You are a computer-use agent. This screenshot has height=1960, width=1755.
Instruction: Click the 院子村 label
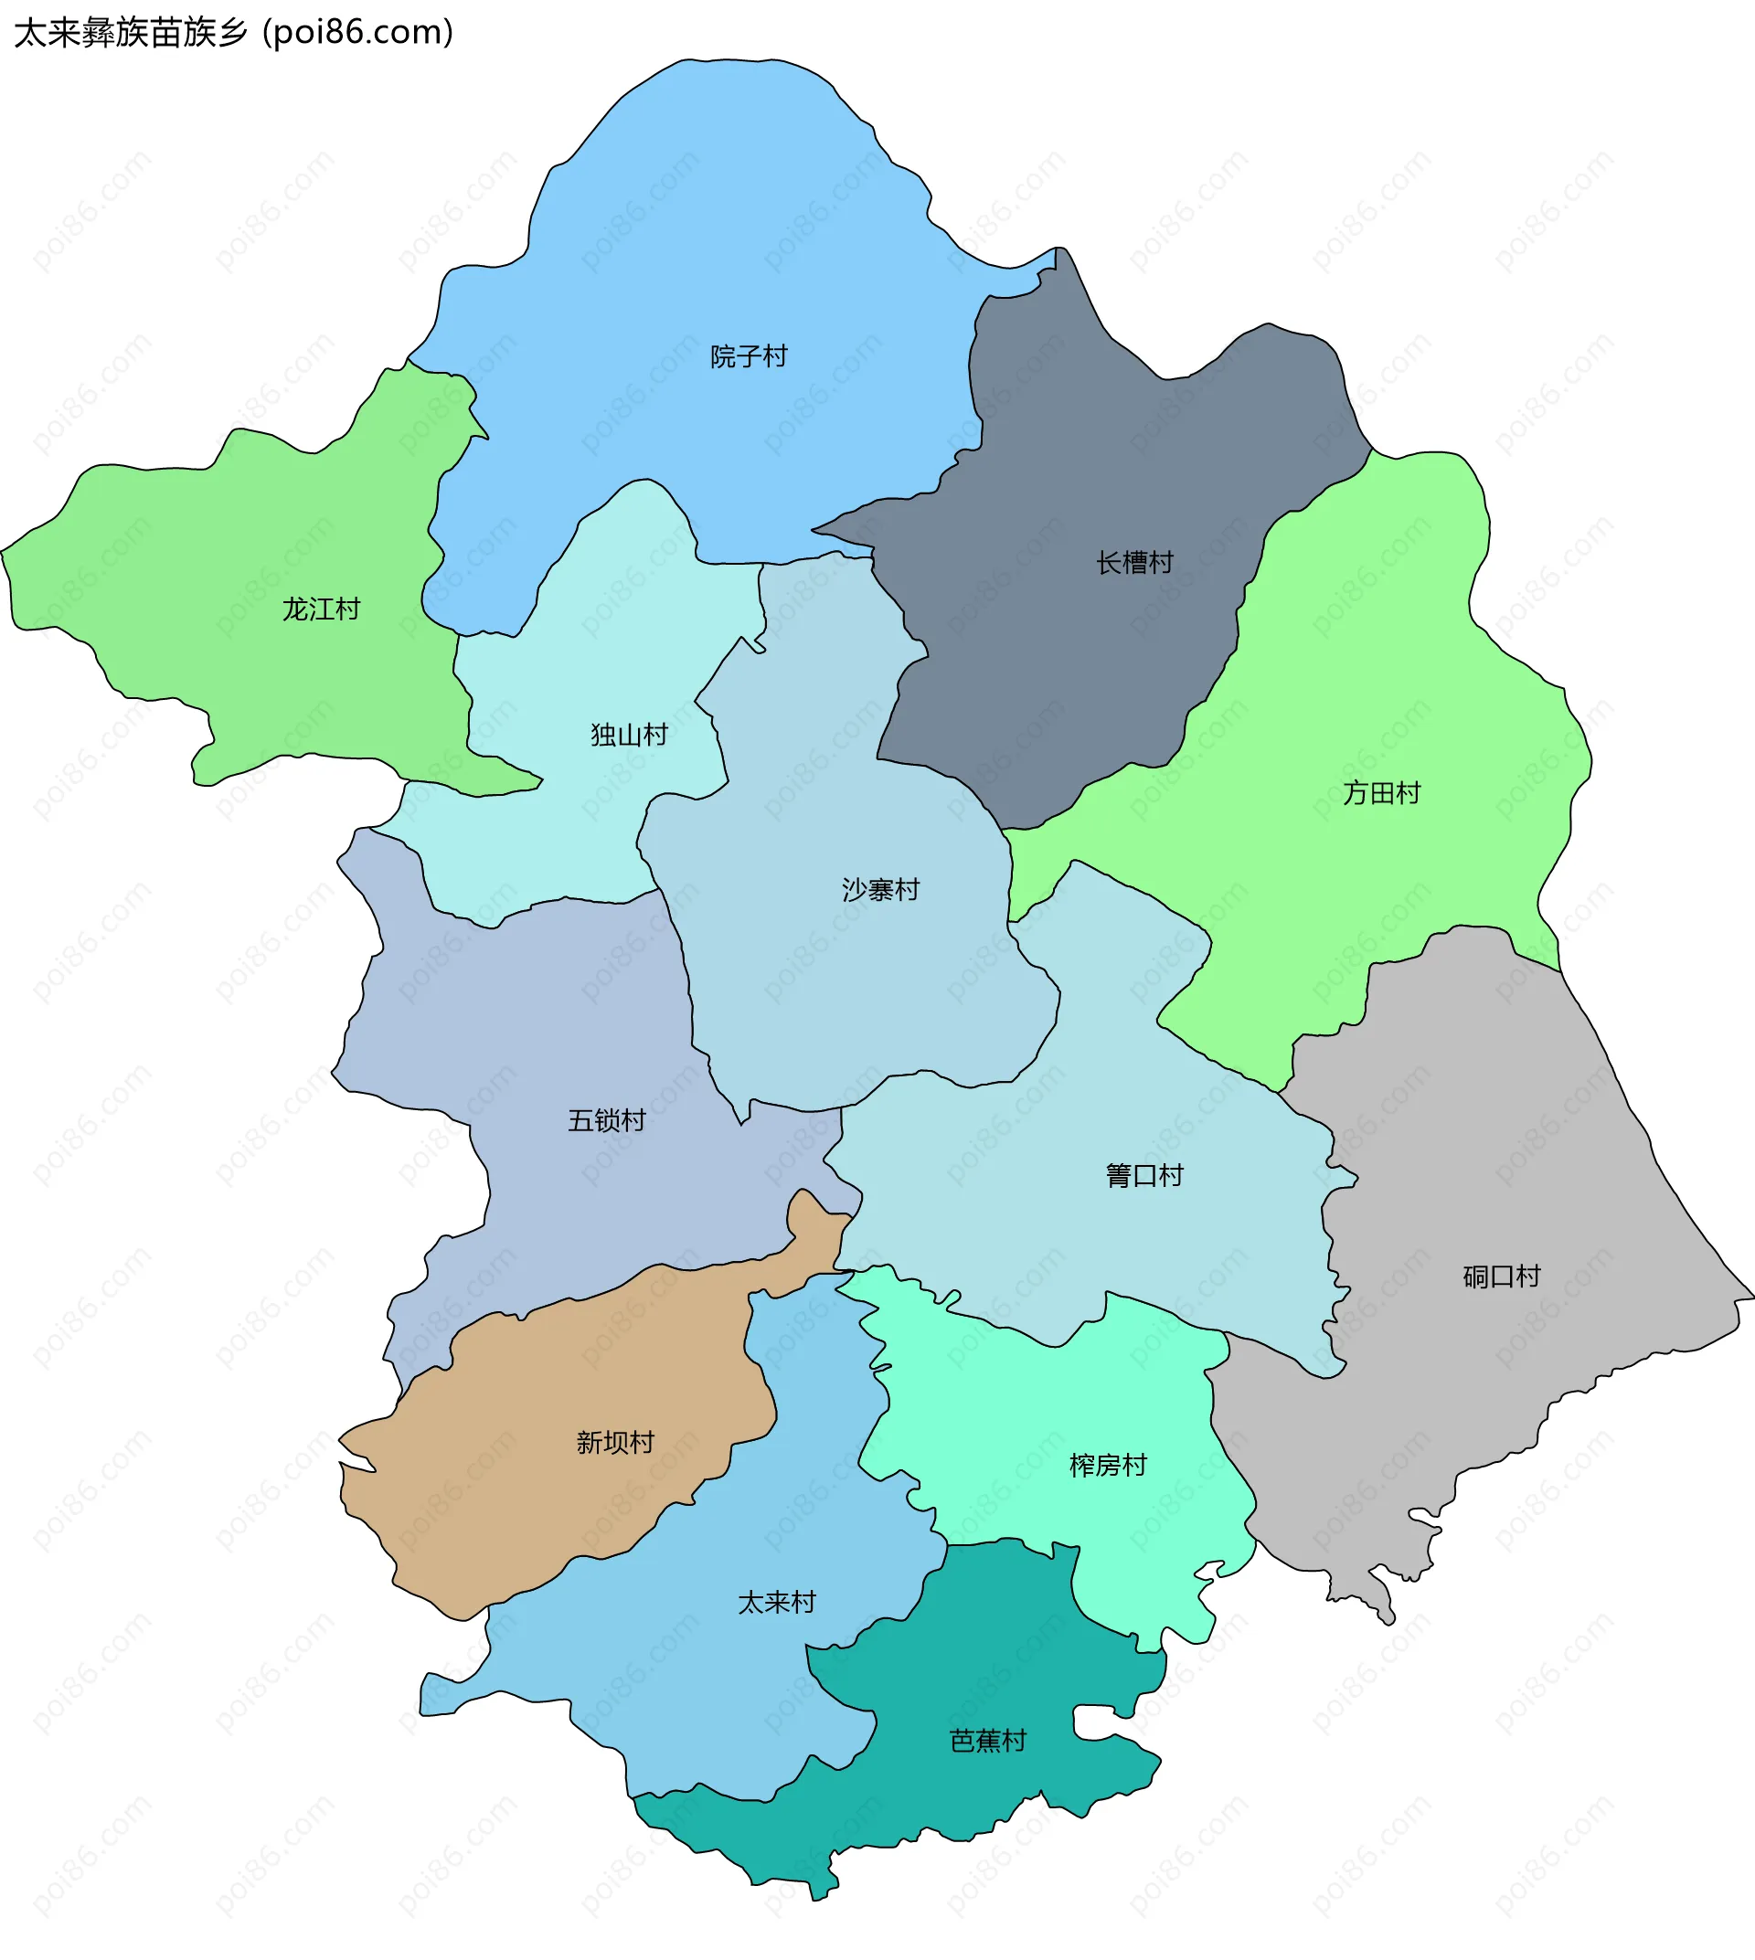[749, 356]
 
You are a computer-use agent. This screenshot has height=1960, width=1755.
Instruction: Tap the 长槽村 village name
[1134, 562]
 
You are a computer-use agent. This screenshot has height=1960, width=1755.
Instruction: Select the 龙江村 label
[321, 609]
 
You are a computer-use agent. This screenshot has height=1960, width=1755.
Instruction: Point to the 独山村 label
[630, 735]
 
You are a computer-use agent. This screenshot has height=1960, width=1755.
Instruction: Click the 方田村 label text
[1382, 792]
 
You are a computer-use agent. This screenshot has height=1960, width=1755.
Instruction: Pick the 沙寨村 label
[880, 889]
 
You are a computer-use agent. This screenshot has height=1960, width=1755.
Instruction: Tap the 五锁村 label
[607, 1120]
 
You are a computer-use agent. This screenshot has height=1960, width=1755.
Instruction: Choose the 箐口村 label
[1143, 1175]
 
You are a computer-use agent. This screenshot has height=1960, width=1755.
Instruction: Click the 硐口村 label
[1502, 1277]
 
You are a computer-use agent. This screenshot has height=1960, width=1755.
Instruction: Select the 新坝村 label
[615, 1442]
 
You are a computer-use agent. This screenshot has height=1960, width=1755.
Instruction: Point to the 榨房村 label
[1108, 1466]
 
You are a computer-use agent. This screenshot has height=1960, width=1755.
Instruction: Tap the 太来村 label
[777, 1603]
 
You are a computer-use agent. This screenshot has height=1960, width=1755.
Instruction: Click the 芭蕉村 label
[987, 1740]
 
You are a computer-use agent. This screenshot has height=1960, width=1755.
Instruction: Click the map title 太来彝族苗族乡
[130, 33]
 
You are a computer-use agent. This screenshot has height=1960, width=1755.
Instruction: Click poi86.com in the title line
[357, 33]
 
